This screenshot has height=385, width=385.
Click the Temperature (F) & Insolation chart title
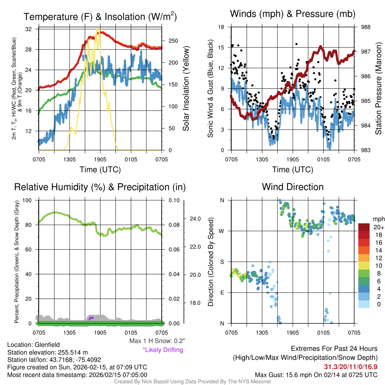click(x=100, y=17)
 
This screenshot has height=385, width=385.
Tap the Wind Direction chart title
click(x=293, y=187)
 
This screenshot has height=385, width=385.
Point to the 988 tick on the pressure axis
click(x=365, y=27)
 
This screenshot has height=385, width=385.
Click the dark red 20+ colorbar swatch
click(x=364, y=227)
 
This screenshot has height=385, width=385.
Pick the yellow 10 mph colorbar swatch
click(x=364, y=265)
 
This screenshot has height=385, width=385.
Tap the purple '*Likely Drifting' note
click(x=163, y=350)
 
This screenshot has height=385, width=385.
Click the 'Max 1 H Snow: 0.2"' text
click(x=157, y=341)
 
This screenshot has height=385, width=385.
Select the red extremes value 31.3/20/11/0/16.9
click(x=350, y=367)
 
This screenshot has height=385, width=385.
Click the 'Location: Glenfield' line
click(x=33, y=344)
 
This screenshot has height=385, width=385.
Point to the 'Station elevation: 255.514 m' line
click(x=47, y=352)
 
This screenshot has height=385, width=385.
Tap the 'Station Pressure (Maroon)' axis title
click(x=378, y=89)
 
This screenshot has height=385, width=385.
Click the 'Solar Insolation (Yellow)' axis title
click(x=186, y=89)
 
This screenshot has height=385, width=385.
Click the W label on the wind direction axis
click(x=222, y=231)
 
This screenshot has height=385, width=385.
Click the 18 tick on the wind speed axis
click(x=221, y=27)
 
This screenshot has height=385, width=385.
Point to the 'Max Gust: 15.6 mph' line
click(x=316, y=374)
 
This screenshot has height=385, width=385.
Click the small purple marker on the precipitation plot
click(x=91, y=318)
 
